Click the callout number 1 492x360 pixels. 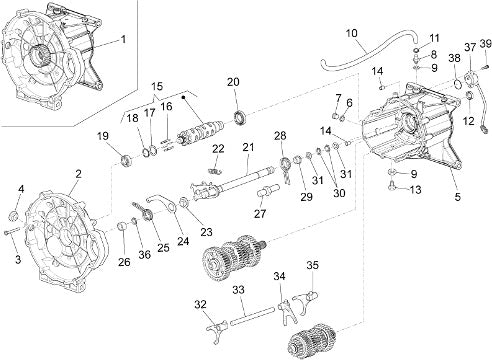pyautogui.click(x=123, y=40)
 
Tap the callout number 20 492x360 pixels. pyautogui.click(x=233, y=82)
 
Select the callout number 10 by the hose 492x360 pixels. pyautogui.click(x=352, y=33)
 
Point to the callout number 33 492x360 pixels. pyautogui.click(x=239, y=290)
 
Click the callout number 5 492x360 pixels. pyautogui.click(x=457, y=197)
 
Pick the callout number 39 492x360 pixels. pyautogui.click(x=486, y=44)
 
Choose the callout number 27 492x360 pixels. pyautogui.click(x=260, y=214)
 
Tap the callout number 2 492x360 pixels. pyautogui.click(x=78, y=174)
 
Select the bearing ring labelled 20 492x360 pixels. pyautogui.click(x=240, y=118)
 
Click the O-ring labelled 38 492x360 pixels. pyautogui.click(x=458, y=84)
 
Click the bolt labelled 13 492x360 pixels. pyautogui.click(x=392, y=186)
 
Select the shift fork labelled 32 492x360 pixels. pyautogui.click(x=216, y=328)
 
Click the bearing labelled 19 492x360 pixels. pyautogui.click(x=127, y=161)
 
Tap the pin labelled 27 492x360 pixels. pyautogui.click(x=268, y=192)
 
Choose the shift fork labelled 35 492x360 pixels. pyautogui.click(x=306, y=299)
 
